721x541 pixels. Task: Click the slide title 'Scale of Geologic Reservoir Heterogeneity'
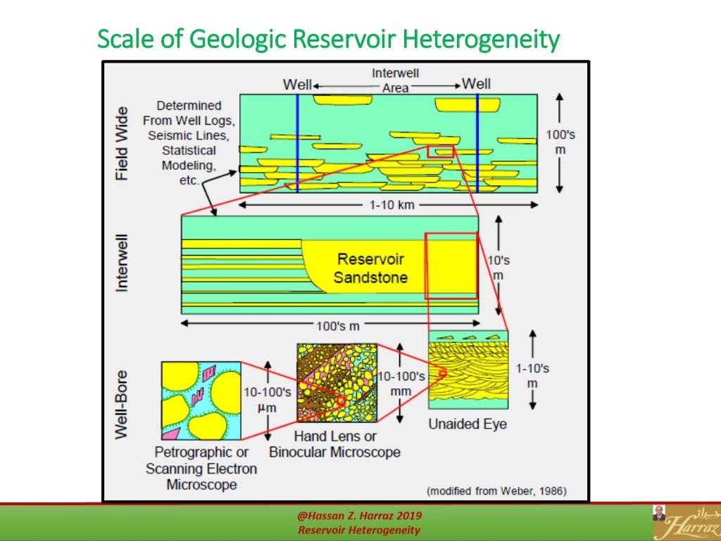pos(328,39)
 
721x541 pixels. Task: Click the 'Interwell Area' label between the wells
pos(395,80)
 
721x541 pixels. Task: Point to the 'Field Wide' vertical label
pos(123,143)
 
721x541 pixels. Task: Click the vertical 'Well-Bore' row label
pos(123,404)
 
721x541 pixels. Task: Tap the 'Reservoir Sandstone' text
pos(371,268)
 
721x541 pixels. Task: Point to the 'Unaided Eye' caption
pos(468,424)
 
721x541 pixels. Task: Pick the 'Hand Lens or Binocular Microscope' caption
pos(335,444)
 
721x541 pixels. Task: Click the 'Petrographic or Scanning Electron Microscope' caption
pos(201,468)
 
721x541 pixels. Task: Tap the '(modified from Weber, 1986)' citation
pos(496,491)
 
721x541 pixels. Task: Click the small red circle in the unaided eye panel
pos(443,373)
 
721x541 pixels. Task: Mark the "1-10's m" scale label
pos(532,376)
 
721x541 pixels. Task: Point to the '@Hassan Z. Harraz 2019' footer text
pos(360,518)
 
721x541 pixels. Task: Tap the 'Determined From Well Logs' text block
pos(189,143)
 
